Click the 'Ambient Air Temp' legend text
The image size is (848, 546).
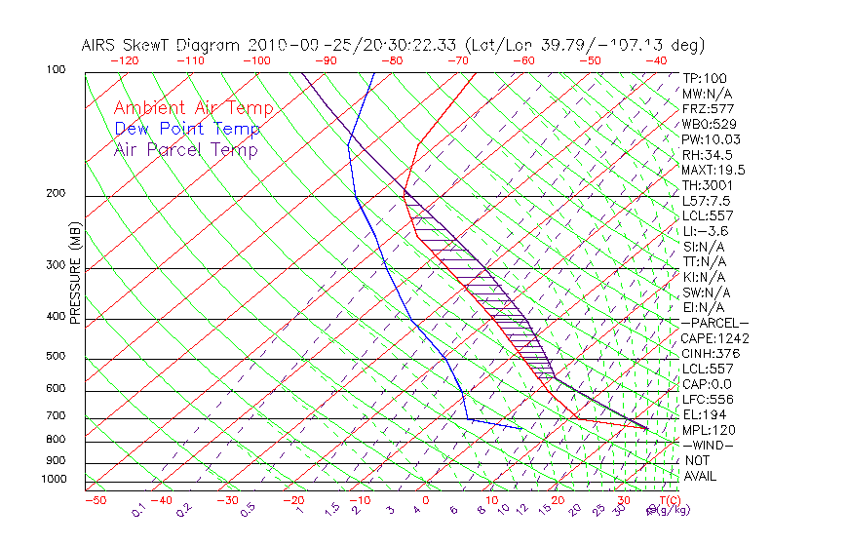pos(193,109)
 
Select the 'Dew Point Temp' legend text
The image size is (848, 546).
pos(187,130)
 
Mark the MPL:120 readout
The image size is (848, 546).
pos(709,430)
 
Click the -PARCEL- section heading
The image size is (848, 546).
pos(714,323)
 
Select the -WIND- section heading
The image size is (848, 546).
pos(707,445)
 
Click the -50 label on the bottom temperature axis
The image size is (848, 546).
pos(95,501)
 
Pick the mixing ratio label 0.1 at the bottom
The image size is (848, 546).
pos(138,509)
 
